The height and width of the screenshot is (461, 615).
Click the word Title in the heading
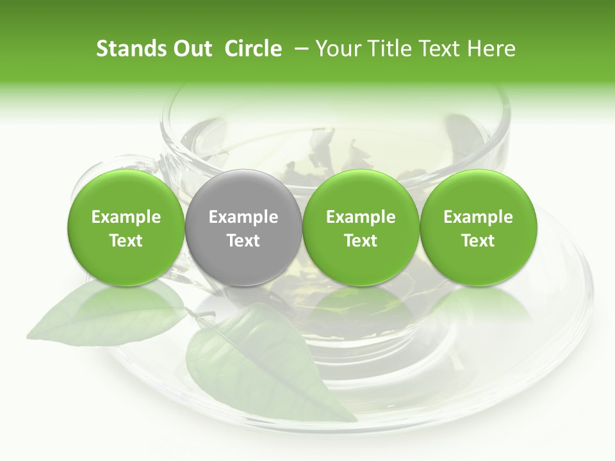[x=389, y=49]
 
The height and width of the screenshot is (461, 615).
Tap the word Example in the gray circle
[x=243, y=217]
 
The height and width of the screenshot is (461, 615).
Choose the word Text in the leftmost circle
[x=126, y=241]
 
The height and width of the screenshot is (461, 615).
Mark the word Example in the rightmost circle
[x=478, y=217]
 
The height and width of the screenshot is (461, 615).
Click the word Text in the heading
[x=439, y=49]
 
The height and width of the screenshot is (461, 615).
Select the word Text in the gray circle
[x=243, y=241]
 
